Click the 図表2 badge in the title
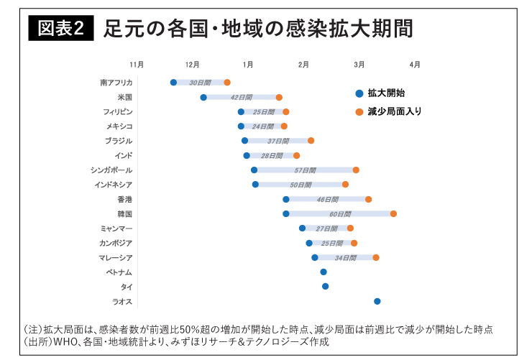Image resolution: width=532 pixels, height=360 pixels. [60, 29]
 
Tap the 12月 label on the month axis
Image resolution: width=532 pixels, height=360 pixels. [192, 65]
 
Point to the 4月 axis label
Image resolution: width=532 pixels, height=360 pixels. [415, 65]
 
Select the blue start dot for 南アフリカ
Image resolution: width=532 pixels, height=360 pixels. [173, 83]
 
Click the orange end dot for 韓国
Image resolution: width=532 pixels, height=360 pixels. [393, 213]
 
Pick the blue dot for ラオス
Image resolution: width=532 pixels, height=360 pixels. [377, 301]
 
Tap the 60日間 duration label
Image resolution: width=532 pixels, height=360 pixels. [340, 213]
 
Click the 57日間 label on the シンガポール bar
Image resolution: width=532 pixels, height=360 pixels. [305, 170]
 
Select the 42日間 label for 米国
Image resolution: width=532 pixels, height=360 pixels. [241, 97]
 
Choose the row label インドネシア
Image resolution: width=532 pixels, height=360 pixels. [114, 185]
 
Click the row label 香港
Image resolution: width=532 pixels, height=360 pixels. [125, 199]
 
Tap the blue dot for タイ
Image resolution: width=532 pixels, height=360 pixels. [325, 286]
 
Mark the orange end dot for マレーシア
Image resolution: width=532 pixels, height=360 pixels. [376, 257]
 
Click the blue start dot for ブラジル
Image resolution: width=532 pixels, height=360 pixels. [244, 141]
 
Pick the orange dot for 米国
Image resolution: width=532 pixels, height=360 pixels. [279, 97]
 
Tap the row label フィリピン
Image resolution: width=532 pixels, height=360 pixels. [118, 112]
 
